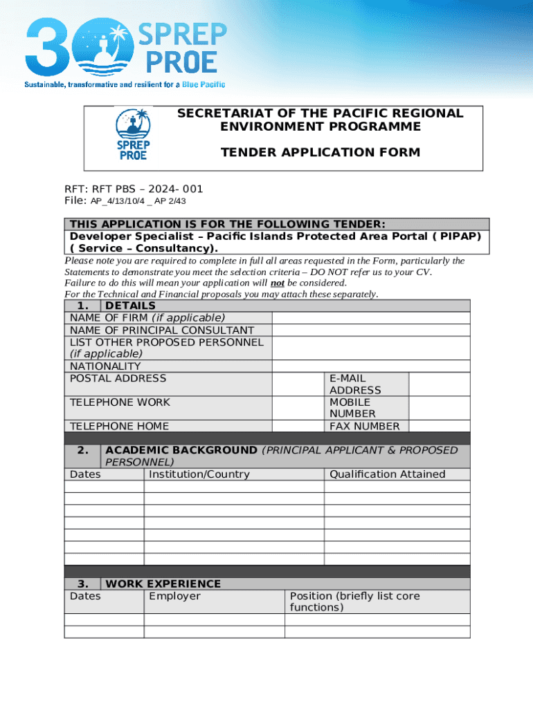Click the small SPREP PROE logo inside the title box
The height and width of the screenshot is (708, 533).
tap(133, 135)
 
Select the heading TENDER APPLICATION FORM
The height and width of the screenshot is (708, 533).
tap(320, 152)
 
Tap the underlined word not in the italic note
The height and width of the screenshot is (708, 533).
tap(277, 283)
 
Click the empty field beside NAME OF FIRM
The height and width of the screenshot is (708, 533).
tap(370, 318)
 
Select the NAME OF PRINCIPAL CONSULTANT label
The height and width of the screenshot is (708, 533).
tap(162, 330)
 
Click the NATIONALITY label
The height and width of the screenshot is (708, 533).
tap(105, 366)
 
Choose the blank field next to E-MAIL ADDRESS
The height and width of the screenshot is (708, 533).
tap(439, 384)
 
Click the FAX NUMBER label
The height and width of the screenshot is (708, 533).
tap(364, 426)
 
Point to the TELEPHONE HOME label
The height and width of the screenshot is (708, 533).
tap(119, 426)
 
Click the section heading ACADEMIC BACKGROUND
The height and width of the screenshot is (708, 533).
tap(181, 450)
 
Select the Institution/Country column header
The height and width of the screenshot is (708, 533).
tap(199, 474)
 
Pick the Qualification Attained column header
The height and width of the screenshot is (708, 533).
tap(388, 474)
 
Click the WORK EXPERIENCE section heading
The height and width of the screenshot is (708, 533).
tap(163, 584)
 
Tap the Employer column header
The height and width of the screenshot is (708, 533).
tap(174, 596)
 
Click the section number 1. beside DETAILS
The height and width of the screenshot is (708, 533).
tap(83, 306)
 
